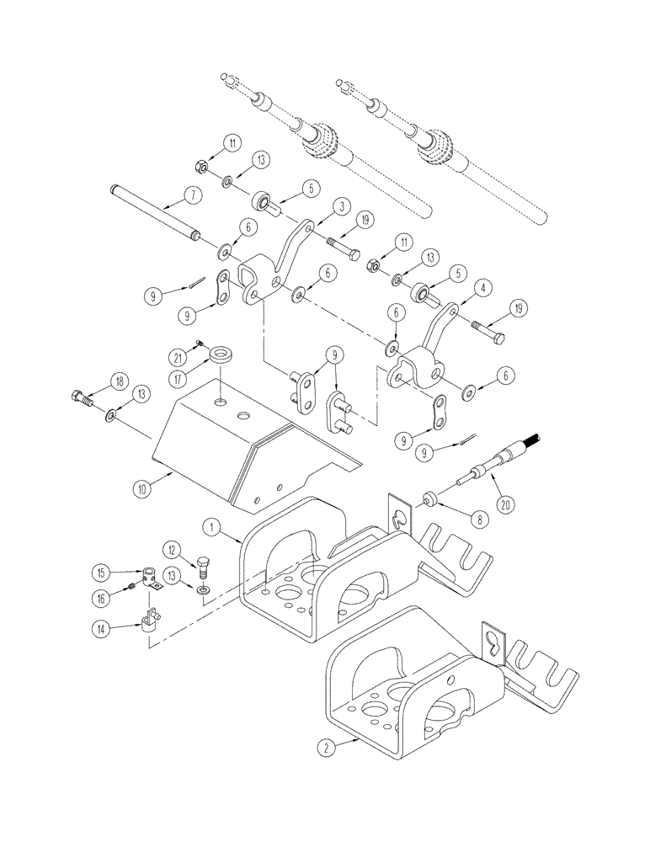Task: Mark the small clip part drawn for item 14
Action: coord(154,621)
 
